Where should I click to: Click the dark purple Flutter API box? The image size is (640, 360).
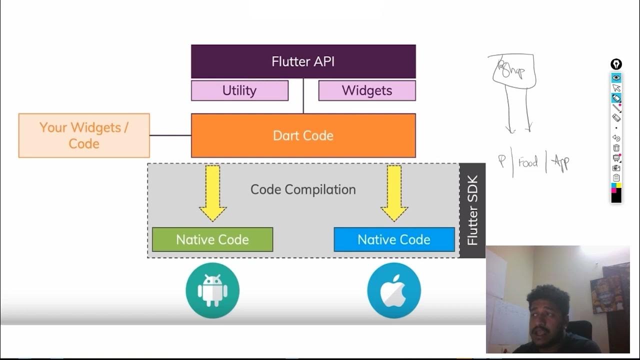(x=303, y=61)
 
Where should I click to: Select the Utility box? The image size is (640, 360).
(x=239, y=90)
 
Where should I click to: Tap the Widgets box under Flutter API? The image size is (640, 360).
(x=367, y=90)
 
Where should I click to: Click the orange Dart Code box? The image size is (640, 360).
(x=303, y=135)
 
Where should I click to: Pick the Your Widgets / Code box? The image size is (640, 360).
(x=84, y=135)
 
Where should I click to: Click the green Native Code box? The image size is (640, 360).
(x=212, y=239)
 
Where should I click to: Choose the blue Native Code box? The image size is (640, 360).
(x=394, y=239)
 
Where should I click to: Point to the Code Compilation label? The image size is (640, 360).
(x=303, y=189)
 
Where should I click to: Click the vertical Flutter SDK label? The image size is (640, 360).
(x=472, y=210)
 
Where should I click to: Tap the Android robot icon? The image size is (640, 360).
(x=212, y=291)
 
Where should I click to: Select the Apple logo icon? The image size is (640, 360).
(x=394, y=291)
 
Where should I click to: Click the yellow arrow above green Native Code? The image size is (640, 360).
(x=212, y=192)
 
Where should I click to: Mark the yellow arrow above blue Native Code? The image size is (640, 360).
(x=394, y=192)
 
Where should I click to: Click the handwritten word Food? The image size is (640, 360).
(x=528, y=162)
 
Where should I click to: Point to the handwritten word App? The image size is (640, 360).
(x=560, y=163)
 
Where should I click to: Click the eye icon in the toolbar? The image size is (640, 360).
(x=616, y=78)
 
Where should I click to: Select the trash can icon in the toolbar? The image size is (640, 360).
(x=616, y=148)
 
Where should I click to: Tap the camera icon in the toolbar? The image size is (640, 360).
(x=616, y=168)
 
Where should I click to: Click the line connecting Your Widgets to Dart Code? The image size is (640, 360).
(x=170, y=135)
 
